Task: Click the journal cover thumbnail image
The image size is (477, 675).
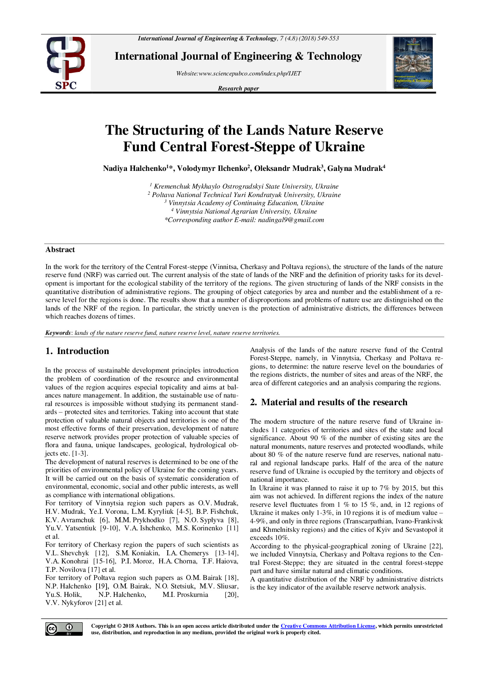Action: click(x=413, y=63)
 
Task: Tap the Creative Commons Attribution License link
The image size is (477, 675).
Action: click(x=328, y=626)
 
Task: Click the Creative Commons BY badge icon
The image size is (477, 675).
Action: click(x=64, y=629)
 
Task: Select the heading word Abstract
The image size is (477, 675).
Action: click(x=60, y=250)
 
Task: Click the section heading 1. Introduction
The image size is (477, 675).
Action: click(x=77, y=351)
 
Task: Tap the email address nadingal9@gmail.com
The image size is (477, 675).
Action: click(x=291, y=220)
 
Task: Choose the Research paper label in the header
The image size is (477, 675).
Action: click(x=238, y=89)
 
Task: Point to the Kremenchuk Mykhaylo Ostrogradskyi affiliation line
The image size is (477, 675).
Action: click(x=246, y=186)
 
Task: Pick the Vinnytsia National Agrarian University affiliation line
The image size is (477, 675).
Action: click(x=246, y=212)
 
